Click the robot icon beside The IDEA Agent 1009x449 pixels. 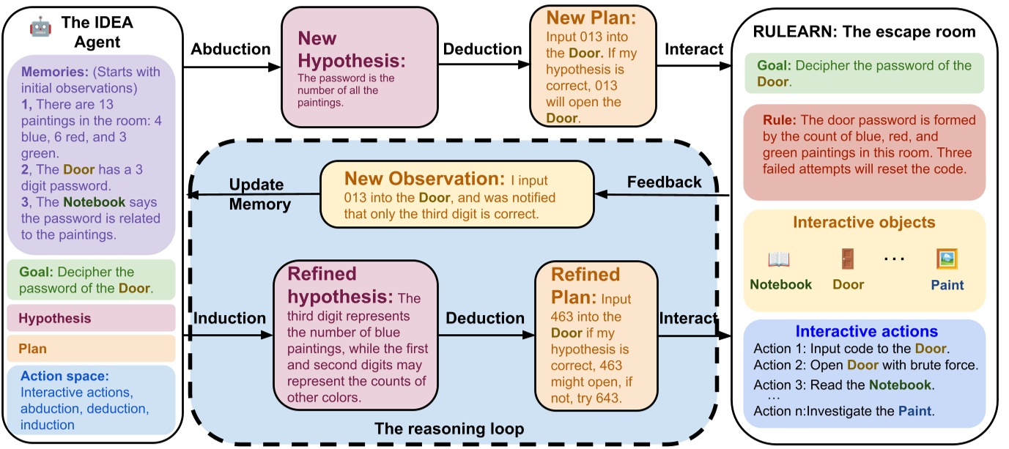tap(40, 26)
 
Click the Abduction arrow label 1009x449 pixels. tap(230, 49)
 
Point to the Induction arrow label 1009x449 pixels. tap(229, 318)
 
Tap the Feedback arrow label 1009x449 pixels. tap(664, 182)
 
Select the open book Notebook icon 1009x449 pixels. tap(779, 259)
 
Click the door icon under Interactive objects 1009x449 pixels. tap(848, 259)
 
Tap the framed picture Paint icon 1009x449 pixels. tap(947, 259)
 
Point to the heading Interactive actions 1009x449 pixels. tap(866, 331)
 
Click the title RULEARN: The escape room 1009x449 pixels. tap(864, 31)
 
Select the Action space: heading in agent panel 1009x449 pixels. tap(64, 376)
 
